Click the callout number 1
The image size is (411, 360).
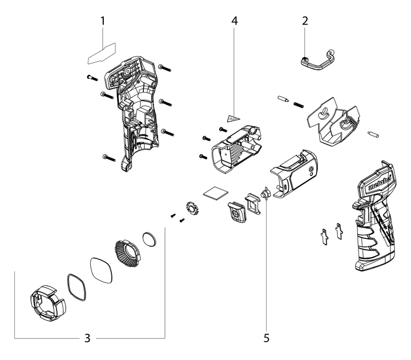click(103, 21)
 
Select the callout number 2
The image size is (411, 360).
click(305, 21)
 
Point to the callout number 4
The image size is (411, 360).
click(234, 21)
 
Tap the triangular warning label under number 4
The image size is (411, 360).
click(232, 118)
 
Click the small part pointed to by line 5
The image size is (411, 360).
click(265, 194)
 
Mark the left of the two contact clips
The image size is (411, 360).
click(325, 234)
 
